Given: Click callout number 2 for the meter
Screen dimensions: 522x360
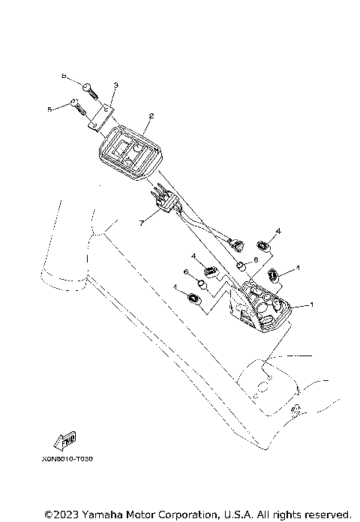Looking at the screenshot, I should [151, 116].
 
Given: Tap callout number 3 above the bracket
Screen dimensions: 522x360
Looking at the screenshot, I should [116, 86].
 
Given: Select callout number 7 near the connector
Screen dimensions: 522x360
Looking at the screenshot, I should [140, 223].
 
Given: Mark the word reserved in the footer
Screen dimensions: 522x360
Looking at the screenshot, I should [328, 514].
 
